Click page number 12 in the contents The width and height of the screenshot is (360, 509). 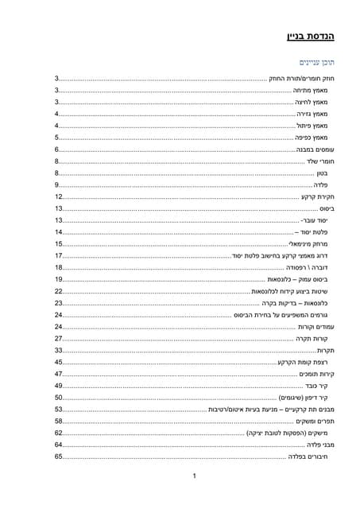pos(59,196)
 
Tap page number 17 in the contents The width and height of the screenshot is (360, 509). pos(59,256)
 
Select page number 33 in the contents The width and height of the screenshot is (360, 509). pos(59,351)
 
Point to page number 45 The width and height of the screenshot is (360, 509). pos(59,363)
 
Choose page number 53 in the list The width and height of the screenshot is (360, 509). pos(59,410)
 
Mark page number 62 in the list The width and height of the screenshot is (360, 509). pos(59,433)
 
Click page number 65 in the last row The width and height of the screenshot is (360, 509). pos(59,457)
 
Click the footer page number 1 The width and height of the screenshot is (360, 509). pos(194,477)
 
